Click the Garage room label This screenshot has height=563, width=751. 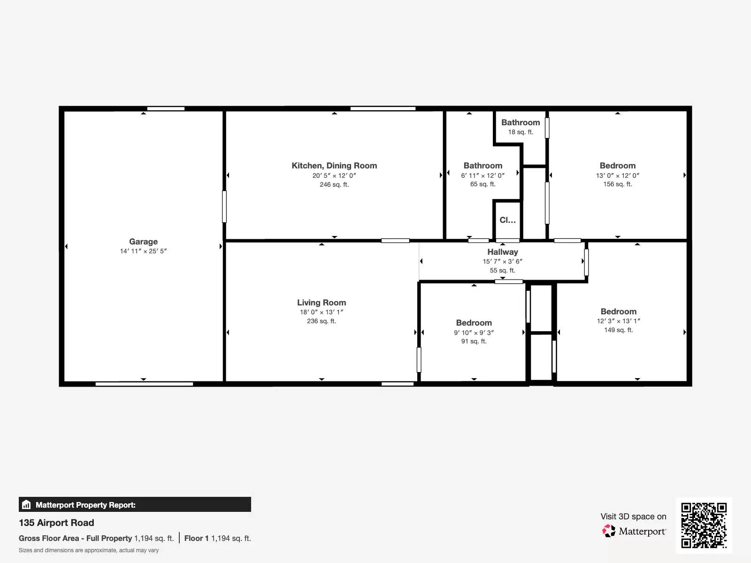[143, 242]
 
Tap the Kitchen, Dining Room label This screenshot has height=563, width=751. [334, 166]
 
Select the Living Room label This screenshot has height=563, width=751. [322, 303]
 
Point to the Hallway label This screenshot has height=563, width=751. [503, 252]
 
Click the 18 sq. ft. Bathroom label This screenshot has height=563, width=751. [521, 122]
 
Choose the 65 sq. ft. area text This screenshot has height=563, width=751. [483, 184]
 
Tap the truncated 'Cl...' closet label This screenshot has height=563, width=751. [507, 220]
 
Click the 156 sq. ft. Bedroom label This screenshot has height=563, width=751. [618, 166]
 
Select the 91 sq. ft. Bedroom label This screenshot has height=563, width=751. [474, 323]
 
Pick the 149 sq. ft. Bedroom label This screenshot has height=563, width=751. [619, 312]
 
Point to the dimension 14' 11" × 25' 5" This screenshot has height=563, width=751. [143, 251]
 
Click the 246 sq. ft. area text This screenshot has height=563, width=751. [334, 184]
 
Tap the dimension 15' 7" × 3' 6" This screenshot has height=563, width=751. [503, 261]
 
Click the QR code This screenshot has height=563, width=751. [704, 525]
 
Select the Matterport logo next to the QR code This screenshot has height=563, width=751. [634, 531]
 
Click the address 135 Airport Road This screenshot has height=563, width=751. [56, 523]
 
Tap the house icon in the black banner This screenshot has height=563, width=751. [26, 504]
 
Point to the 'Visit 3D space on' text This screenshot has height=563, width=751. [633, 517]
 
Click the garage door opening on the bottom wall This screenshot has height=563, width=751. [144, 384]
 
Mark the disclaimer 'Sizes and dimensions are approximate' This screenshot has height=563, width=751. [89, 550]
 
